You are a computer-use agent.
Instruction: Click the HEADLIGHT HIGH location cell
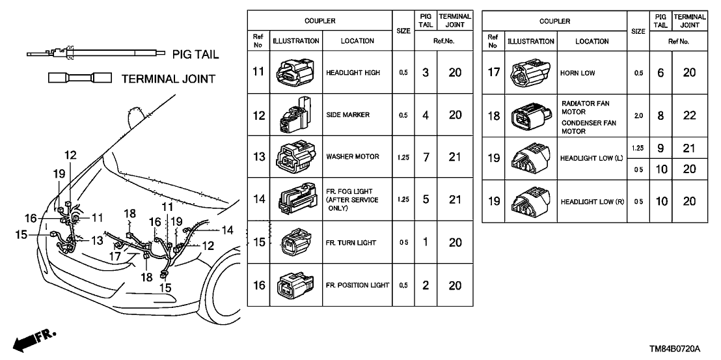pyautogui.click(x=357, y=72)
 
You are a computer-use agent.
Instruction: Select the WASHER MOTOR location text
pyautogui.click(x=357, y=157)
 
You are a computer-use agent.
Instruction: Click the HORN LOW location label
pyautogui.click(x=577, y=74)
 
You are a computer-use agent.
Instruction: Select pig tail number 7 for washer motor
pyautogui.click(x=424, y=157)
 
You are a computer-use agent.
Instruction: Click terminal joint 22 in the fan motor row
pyautogui.click(x=689, y=115)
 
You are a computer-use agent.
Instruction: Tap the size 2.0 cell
pyautogui.click(x=638, y=115)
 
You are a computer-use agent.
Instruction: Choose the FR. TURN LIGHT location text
pyautogui.click(x=351, y=243)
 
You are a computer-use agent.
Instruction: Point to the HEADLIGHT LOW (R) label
pyautogui.click(x=592, y=202)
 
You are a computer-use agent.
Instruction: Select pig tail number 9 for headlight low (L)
pyautogui.click(x=660, y=148)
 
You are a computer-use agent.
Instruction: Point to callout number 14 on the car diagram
pyautogui.click(x=226, y=229)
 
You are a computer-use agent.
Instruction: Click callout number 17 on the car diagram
pyautogui.click(x=115, y=256)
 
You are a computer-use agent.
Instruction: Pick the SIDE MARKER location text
pyautogui.click(x=348, y=115)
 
